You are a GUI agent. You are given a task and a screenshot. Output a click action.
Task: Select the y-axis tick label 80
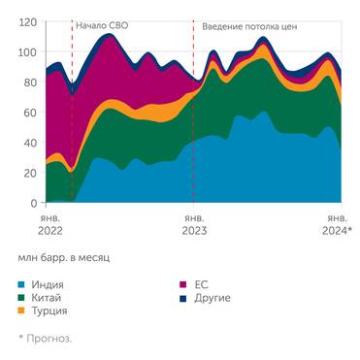(x=30, y=82)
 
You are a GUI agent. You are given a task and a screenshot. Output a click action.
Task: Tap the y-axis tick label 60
(x=30, y=113)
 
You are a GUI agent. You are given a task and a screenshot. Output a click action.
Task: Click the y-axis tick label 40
(x=30, y=143)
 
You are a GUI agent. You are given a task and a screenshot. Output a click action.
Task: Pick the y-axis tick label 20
(x=30, y=173)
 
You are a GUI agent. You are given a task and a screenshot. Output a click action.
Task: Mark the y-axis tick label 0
(x=34, y=203)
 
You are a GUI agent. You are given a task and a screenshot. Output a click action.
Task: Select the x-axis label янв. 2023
(x=194, y=225)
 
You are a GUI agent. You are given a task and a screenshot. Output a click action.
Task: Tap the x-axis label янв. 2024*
(x=336, y=225)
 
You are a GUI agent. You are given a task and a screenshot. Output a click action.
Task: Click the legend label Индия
(x=49, y=285)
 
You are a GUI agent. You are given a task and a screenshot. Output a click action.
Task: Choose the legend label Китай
(x=49, y=297)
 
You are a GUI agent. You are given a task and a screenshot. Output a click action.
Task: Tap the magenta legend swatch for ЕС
(x=184, y=285)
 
